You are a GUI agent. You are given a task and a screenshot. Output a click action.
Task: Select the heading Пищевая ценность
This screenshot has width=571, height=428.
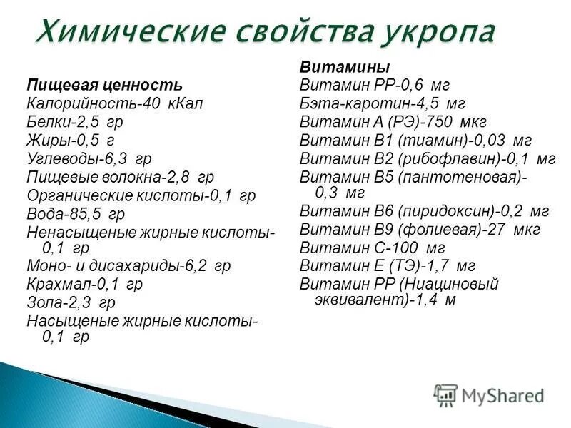pos(99,86)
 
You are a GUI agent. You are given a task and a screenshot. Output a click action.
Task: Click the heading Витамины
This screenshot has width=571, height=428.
pos(345,68)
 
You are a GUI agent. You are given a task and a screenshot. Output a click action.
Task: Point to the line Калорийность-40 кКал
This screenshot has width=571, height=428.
pos(115,103)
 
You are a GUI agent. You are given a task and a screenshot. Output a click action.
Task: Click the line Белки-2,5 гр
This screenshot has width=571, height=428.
pos(74,122)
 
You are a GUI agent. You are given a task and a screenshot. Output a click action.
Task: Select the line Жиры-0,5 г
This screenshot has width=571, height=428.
pos(70,140)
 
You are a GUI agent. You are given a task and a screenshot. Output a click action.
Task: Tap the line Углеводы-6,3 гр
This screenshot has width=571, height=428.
pos(89,158)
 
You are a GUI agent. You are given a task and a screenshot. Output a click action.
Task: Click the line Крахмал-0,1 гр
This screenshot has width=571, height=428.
pos(85,284)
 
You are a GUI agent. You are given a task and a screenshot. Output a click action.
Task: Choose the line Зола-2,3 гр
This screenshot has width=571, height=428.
pos(71,302)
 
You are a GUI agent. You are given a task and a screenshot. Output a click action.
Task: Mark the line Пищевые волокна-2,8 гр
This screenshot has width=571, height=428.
pos(120,176)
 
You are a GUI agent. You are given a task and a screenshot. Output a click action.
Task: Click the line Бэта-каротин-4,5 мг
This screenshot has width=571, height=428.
pos(383,103)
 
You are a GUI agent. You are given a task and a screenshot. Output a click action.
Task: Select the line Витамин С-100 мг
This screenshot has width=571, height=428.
pos(372,248)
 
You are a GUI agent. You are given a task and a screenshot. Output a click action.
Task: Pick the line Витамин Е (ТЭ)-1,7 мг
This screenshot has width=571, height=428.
pos(388,266)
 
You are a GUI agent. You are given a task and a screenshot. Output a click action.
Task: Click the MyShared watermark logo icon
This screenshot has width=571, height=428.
pos(445,394)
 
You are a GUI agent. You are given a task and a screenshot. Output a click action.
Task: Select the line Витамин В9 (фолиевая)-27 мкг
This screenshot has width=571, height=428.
pos(420,230)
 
